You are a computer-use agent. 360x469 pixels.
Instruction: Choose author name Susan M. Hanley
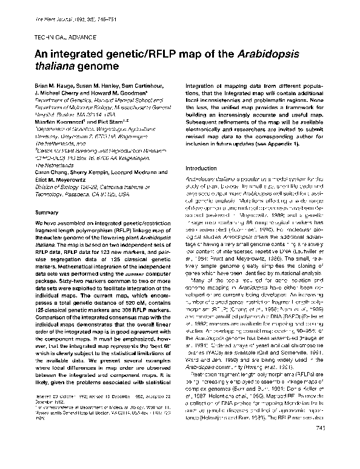click(x=99, y=89)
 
